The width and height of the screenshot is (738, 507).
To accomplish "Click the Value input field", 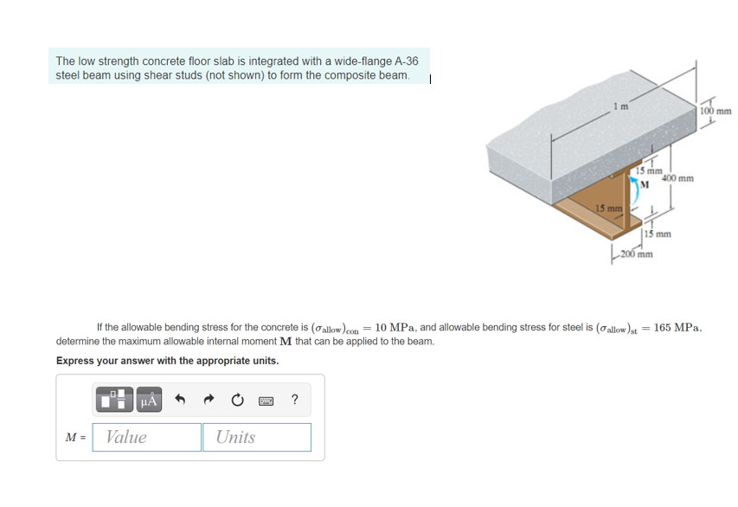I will click(147, 437).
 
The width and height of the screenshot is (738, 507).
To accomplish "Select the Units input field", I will click(257, 437).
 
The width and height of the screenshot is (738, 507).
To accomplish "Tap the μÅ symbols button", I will click(148, 400).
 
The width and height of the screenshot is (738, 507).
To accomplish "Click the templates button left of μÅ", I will click(113, 400).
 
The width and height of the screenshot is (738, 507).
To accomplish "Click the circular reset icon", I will click(239, 400).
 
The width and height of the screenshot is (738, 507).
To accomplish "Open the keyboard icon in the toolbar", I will click(267, 400).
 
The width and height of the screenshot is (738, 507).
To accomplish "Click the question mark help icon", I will click(295, 400).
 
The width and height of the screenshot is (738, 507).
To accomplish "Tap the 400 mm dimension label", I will click(677, 178).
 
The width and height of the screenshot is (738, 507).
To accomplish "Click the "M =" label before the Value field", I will click(74, 438).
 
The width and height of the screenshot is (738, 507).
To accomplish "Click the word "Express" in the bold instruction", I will click(76, 361).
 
